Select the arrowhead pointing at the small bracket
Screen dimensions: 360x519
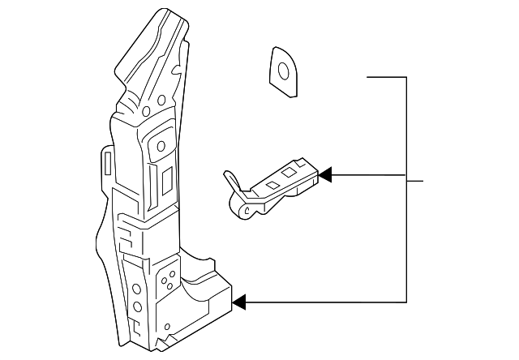click(x=325, y=174)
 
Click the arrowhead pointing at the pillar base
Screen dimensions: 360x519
click(x=239, y=302)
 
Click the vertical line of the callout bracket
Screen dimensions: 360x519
click(x=405, y=186)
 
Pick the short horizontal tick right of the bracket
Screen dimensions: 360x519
click(x=415, y=180)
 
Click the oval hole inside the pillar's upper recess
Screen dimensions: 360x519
click(x=160, y=147)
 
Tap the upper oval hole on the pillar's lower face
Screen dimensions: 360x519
click(x=136, y=288)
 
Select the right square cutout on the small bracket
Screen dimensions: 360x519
click(x=290, y=172)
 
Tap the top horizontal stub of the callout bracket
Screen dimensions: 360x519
click(x=386, y=77)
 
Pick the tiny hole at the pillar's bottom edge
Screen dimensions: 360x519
click(x=167, y=327)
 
